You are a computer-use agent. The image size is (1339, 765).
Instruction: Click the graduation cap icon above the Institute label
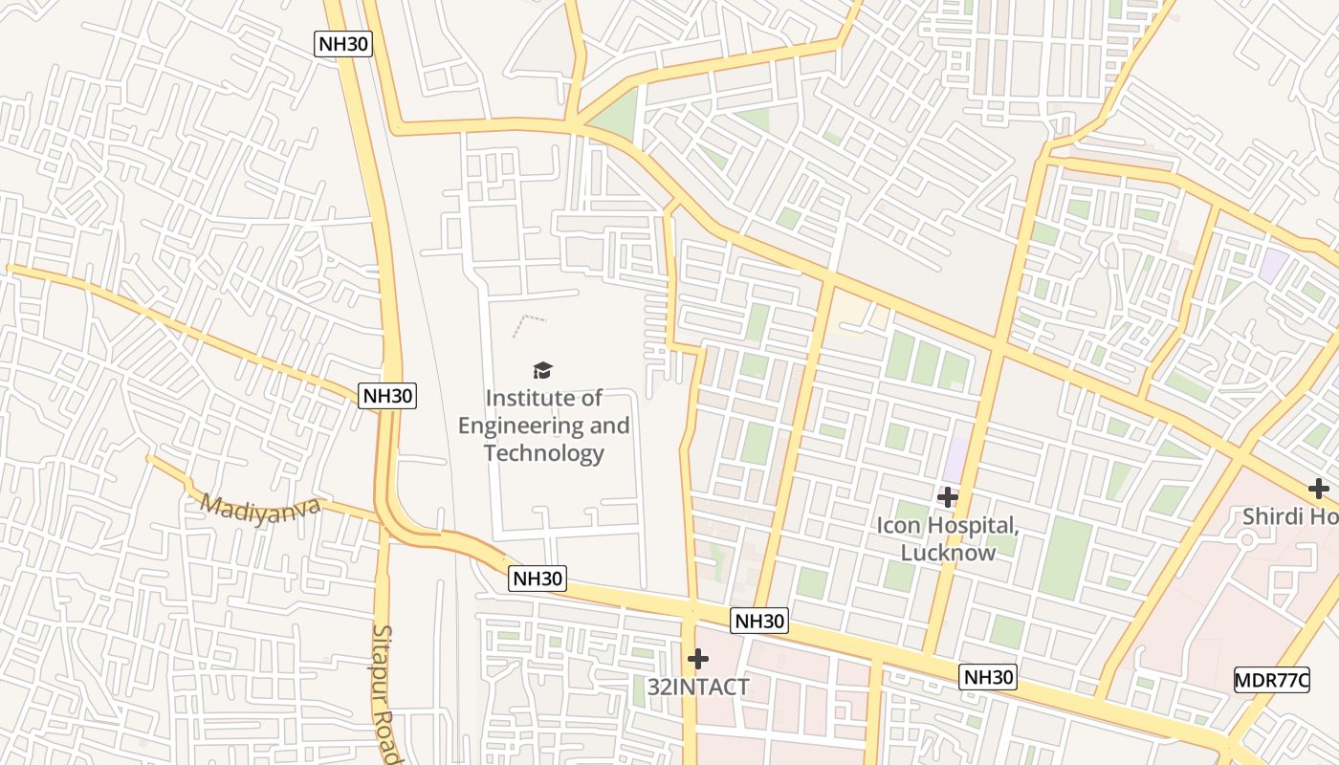(x=542, y=370)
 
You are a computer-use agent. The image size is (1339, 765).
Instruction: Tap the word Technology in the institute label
(x=543, y=452)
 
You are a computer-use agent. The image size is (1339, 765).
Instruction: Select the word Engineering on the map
(x=516, y=426)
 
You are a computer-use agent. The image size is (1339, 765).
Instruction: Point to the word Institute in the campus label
(x=532, y=398)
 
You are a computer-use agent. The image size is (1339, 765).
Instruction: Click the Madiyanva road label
(x=260, y=507)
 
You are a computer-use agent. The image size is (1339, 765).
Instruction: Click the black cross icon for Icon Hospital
(x=948, y=497)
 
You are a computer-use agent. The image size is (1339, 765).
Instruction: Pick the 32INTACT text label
(x=698, y=687)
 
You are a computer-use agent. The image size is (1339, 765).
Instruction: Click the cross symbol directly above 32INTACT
(x=698, y=659)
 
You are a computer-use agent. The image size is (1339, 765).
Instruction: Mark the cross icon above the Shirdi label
(x=1319, y=490)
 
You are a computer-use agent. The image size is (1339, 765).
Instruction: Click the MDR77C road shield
(x=1271, y=680)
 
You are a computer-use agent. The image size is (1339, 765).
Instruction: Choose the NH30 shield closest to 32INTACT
(x=759, y=621)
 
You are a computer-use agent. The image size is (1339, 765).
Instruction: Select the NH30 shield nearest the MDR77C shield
(x=987, y=677)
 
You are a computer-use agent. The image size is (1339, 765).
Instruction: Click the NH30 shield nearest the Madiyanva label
(x=387, y=395)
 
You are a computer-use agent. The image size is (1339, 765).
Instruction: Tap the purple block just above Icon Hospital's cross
(x=955, y=459)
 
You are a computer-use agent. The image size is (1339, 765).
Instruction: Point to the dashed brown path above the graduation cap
(x=529, y=323)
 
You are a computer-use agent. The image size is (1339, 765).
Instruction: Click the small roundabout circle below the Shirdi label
(x=1246, y=540)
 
